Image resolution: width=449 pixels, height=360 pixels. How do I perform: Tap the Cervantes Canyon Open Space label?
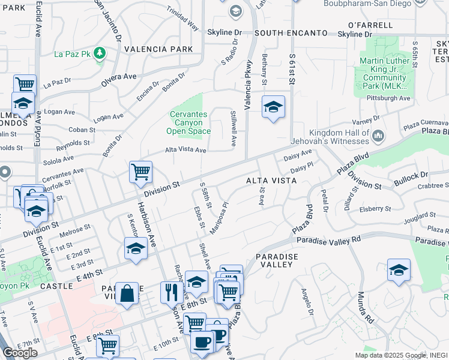[188, 122]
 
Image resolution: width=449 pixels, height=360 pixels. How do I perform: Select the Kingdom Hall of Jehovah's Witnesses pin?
[378, 137]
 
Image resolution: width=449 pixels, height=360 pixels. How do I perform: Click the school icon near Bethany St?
[274, 107]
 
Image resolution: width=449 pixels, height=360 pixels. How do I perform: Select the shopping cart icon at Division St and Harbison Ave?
[140, 172]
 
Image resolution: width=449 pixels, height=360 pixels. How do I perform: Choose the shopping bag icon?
[127, 293]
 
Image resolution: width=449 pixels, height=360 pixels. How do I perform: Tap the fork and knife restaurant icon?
[172, 292]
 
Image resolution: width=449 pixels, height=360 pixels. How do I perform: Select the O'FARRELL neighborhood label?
[370, 25]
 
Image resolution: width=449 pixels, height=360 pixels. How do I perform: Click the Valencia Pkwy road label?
[248, 76]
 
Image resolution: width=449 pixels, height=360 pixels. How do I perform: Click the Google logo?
[20, 353]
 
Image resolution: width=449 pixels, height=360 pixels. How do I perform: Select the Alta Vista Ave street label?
[185, 150]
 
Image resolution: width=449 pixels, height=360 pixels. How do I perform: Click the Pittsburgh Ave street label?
[388, 98]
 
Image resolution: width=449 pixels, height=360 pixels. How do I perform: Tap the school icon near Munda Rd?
[399, 271]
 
